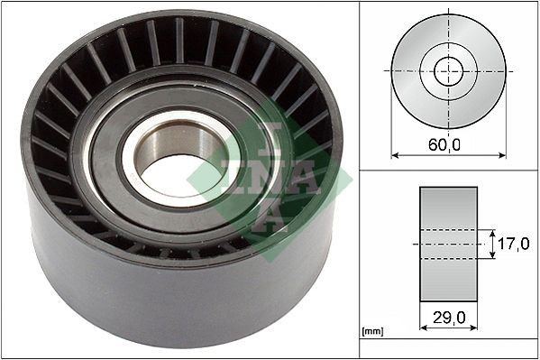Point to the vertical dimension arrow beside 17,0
[x=492, y=244]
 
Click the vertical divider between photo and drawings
[x=359, y=180]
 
